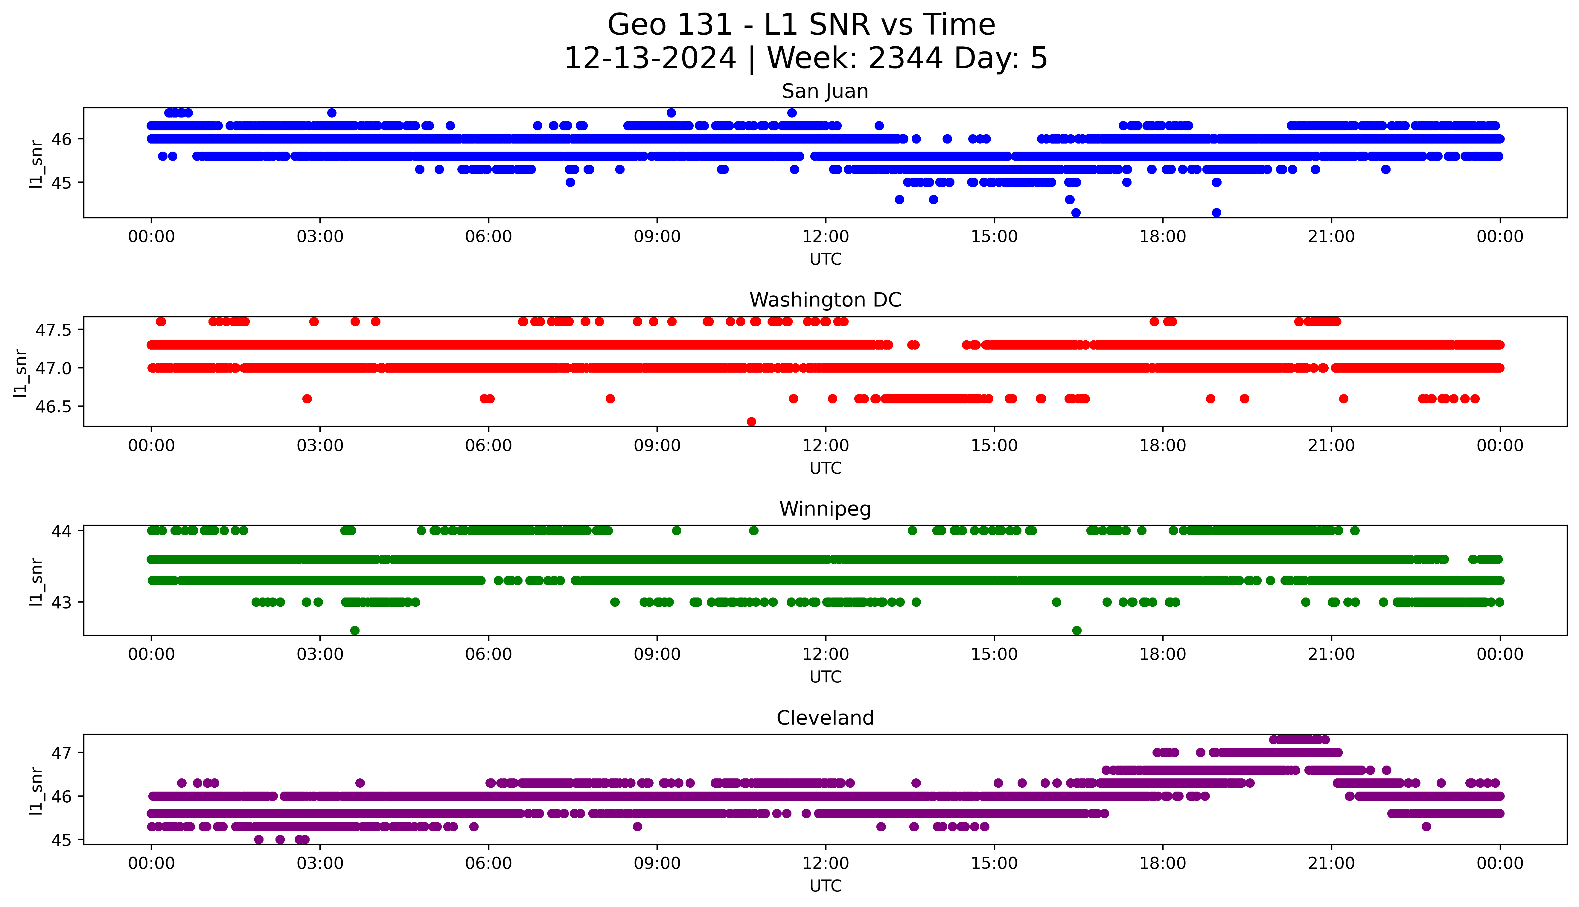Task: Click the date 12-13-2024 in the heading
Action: click(650, 59)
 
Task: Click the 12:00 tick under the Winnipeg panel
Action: click(825, 655)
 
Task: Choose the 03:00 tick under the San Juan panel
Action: click(320, 237)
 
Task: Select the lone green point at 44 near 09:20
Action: click(677, 531)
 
